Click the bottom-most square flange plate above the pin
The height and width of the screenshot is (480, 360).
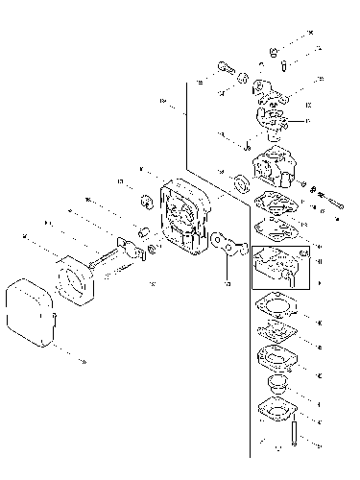[x=277, y=411]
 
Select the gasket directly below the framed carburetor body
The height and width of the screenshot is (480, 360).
[x=278, y=306]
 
